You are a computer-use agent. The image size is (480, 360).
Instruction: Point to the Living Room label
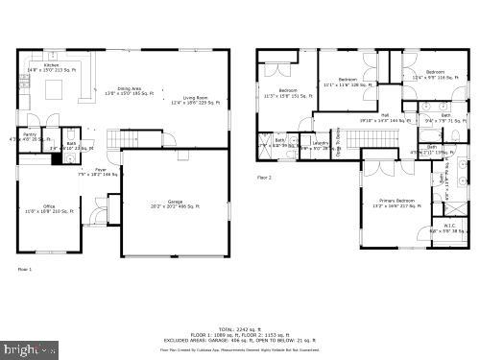[197, 98]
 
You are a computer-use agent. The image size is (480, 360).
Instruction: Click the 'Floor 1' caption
[25, 269]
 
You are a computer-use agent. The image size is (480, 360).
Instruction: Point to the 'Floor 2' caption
[264, 178]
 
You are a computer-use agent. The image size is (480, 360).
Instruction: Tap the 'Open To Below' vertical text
[337, 141]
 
